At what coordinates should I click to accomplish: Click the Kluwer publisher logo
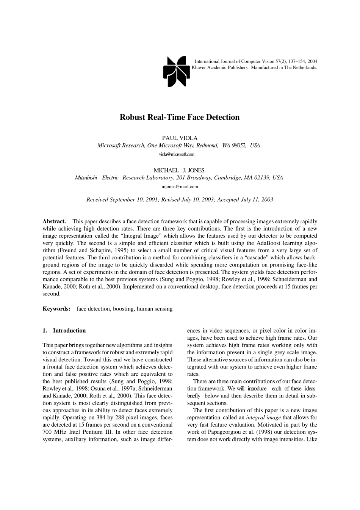click(176, 71)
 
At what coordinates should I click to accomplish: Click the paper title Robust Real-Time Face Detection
click(180, 117)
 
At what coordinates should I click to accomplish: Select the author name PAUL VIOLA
click(180, 138)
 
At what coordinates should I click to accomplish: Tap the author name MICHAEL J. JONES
click(179, 170)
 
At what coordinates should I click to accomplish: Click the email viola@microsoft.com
click(177, 154)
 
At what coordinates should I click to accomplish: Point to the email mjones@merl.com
click(180, 187)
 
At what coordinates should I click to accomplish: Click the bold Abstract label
click(54, 221)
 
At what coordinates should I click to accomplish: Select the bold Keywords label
click(56, 309)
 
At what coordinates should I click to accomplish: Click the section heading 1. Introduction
click(64, 331)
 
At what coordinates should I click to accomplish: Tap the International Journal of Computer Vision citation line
click(256, 61)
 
